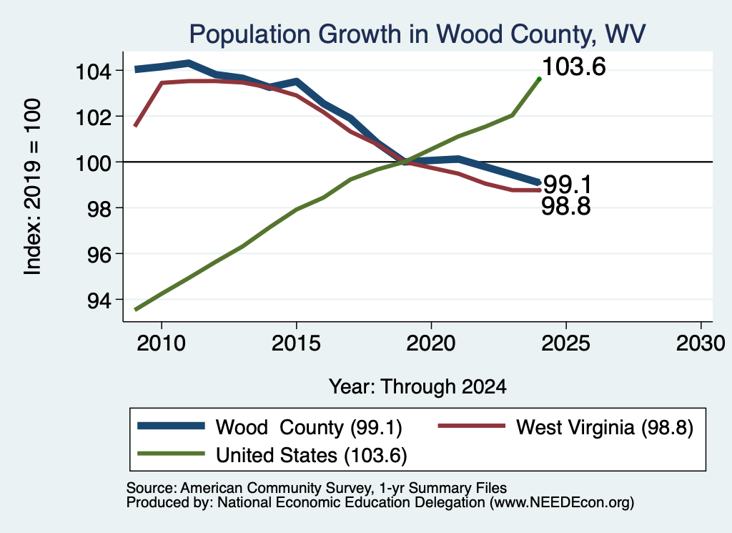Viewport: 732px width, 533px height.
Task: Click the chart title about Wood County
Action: [417, 34]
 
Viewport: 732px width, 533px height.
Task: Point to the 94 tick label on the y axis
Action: [99, 300]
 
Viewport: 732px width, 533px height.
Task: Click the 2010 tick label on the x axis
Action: [162, 343]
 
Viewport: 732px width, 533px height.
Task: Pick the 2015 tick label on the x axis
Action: [296, 343]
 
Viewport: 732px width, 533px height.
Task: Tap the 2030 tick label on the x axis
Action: [701, 343]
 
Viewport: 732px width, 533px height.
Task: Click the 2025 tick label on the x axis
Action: [566, 343]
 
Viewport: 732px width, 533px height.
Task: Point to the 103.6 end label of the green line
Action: [574, 67]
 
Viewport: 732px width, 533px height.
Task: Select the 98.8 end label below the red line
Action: [566, 206]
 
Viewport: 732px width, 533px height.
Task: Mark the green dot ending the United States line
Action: [539, 79]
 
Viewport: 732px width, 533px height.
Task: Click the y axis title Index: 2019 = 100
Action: [33, 187]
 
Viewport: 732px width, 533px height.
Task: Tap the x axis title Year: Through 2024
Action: [417, 387]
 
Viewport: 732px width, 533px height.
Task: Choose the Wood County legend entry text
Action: [309, 427]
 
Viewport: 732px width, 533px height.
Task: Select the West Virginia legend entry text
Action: [605, 427]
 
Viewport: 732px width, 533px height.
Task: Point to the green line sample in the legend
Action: [171, 454]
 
